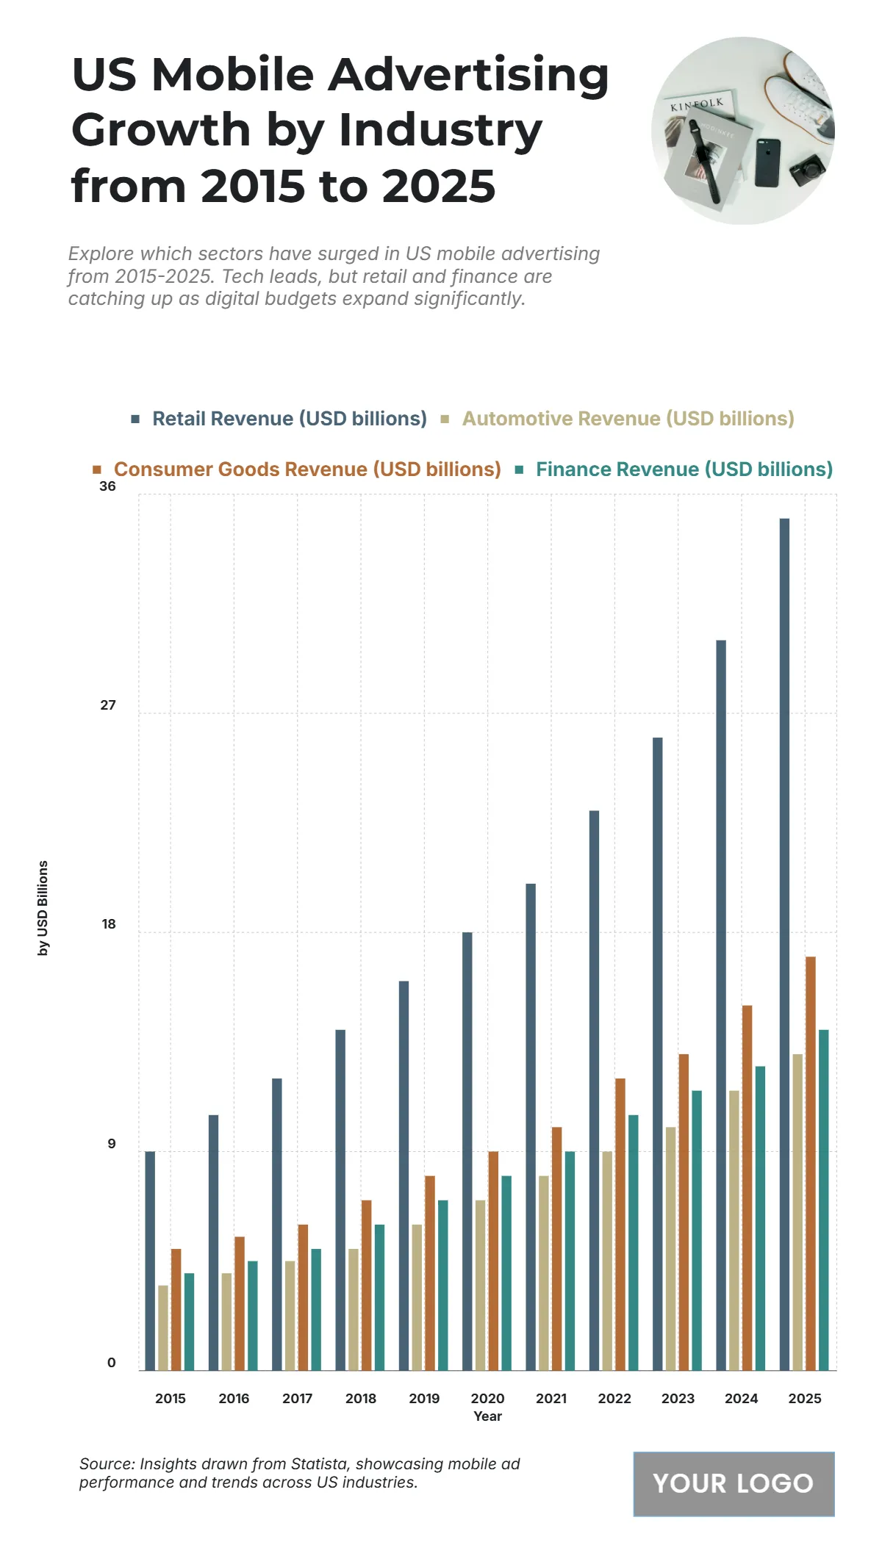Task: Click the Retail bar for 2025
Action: [784, 944]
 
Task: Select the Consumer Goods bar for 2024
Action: [747, 1187]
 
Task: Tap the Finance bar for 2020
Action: [506, 1272]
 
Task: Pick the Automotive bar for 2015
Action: [163, 1328]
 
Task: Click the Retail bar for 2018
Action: [340, 1200]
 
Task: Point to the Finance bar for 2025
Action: [823, 1200]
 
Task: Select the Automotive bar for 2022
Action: [607, 1261]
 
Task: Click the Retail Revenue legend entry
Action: [289, 419]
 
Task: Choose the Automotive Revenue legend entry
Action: [628, 419]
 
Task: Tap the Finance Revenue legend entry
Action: [684, 469]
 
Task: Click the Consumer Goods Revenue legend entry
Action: [306, 469]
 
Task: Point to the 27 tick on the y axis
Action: [108, 705]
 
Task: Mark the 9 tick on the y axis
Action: [111, 1144]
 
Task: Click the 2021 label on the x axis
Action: [551, 1398]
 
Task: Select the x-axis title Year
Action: [487, 1416]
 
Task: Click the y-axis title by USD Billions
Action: [43, 908]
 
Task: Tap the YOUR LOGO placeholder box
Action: [734, 1483]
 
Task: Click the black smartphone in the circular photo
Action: [767, 163]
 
